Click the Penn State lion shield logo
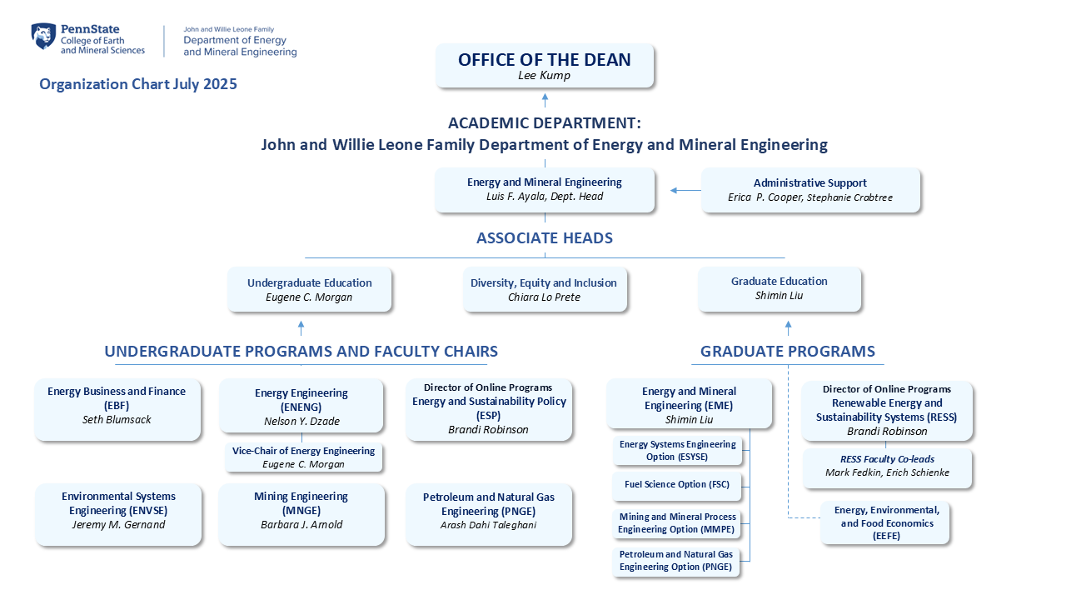pyautogui.click(x=43, y=36)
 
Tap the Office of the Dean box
pyautogui.click(x=545, y=66)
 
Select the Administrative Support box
pyautogui.click(x=810, y=190)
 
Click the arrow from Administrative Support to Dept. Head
pyautogui.click(x=685, y=191)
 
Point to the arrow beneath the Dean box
pyautogui.click(x=545, y=100)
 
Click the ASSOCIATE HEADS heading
pyautogui.click(x=545, y=237)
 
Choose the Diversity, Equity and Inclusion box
pyautogui.click(x=545, y=289)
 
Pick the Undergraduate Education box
pyautogui.click(x=309, y=289)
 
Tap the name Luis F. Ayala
pyautogui.click(x=516, y=196)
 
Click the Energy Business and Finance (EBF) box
pyautogui.click(x=117, y=409)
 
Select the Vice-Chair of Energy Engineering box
pyautogui.click(x=304, y=457)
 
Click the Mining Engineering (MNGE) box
pyautogui.click(x=301, y=515)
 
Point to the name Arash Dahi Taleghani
pyautogui.click(x=488, y=525)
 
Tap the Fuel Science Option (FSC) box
pyautogui.click(x=677, y=486)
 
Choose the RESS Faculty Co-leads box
pyautogui.click(x=887, y=468)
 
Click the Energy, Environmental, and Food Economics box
pyautogui.click(x=885, y=522)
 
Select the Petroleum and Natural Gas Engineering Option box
pyautogui.click(x=675, y=562)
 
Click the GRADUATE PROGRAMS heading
pyautogui.click(x=788, y=351)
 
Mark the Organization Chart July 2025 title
pyautogui.click(x=138, y=84)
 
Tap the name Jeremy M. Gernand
pyautogui.click(x=118, y=524)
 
